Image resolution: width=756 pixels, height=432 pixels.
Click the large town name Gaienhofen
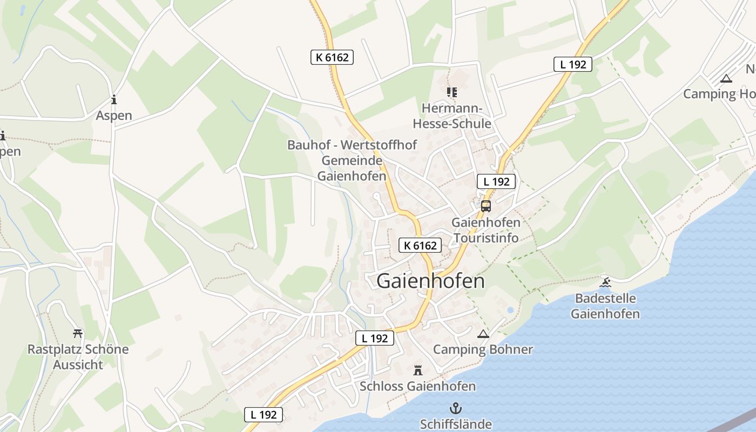430,281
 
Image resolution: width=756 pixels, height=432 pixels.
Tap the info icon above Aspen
113,99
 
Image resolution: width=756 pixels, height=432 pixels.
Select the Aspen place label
114,116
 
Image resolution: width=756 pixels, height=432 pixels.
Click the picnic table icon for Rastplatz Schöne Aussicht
78,333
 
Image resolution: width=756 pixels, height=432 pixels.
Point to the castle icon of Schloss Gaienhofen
417,370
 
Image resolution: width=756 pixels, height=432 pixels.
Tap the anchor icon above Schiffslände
456,408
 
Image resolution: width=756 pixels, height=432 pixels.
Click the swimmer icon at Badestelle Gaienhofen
605,282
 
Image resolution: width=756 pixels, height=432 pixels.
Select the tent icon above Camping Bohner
483,334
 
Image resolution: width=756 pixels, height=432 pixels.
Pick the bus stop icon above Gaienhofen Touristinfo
486,206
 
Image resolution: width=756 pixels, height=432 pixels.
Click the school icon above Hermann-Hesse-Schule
452,92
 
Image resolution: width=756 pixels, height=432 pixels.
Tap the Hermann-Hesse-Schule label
452,116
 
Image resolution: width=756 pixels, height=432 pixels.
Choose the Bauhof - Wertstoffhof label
352,145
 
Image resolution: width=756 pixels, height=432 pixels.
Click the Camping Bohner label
483,349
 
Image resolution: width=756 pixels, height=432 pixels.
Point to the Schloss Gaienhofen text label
417,386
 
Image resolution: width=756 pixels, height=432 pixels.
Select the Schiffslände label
456,424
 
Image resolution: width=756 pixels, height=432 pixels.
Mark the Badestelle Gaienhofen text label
605,306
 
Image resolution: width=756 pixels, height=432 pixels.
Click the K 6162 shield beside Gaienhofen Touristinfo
420,246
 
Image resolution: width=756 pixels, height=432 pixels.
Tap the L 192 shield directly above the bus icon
496,181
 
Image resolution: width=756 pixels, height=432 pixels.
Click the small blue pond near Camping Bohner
510,310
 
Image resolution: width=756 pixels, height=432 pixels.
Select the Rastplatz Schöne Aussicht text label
78,357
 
